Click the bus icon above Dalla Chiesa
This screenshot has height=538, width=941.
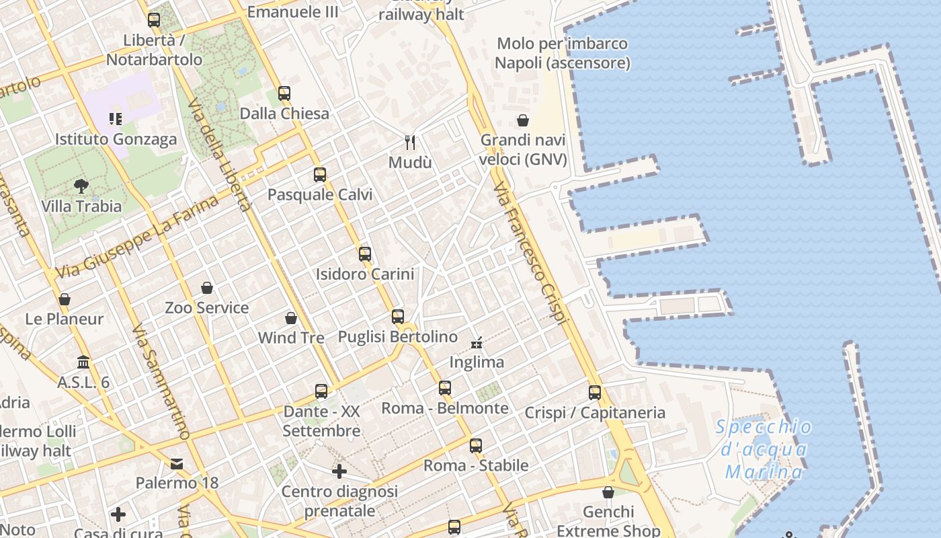[x=284, y=93]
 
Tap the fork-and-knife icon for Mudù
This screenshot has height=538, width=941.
[x=410, y=142]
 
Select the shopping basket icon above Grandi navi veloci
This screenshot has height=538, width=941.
[x=523, y=120]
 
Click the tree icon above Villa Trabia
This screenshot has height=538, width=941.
[x=81, y=186]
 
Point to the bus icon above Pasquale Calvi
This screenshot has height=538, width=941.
[x=320, y=175]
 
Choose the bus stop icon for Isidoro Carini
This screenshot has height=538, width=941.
[x=365, y=254]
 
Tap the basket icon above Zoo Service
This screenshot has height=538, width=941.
[x=207, y=288]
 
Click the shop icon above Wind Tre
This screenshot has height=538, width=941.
[x=291, y=318]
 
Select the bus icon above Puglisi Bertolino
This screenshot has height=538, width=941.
[x=398, y=317]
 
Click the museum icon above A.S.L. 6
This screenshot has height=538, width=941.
[x=83, y=362]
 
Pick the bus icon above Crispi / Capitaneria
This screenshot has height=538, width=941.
[x=595, y=393]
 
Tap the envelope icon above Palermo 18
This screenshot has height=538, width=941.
[x=177, y=463]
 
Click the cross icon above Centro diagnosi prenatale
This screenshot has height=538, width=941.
[x=339, y=471]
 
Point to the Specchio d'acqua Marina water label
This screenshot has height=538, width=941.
[x=764, y=449]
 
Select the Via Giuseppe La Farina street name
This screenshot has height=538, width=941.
[x=138, y=237]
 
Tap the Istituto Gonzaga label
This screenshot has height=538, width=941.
[x=116, y=139]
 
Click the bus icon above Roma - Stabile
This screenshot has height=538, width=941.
[x=476, y=445]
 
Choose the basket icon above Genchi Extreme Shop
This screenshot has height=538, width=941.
[x=608, y=492]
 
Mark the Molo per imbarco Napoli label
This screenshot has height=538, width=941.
[x=563, y=53]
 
